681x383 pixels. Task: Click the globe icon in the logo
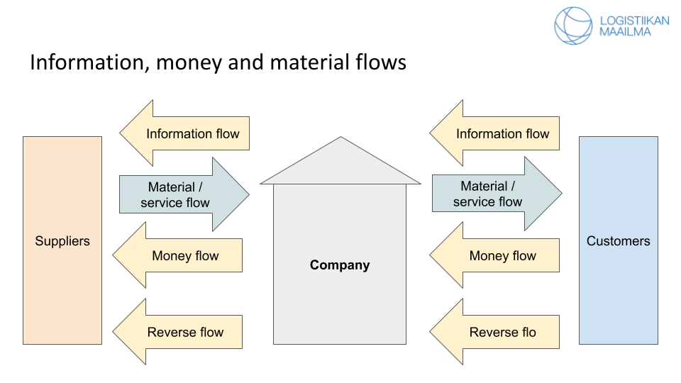[573, 26]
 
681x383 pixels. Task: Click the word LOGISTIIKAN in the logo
[634, 21]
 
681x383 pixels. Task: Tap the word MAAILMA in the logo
[625, 32]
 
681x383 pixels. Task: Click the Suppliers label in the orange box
[62, 241]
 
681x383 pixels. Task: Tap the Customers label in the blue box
[618, 241]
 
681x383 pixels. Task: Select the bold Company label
[340, 265]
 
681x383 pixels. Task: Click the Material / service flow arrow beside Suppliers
[176, 195]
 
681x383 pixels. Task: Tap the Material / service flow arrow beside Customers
[488, 194]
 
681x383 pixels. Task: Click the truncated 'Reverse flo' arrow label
[502, 332]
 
